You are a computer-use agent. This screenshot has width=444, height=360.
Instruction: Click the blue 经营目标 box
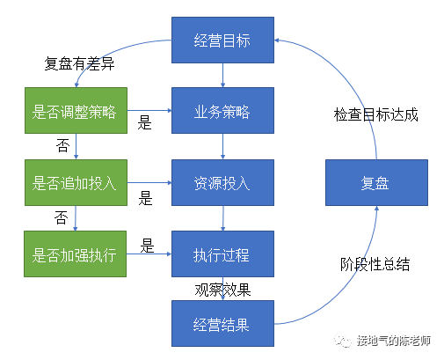coord(222,40)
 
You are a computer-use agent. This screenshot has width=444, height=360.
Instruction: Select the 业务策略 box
coord(222,113)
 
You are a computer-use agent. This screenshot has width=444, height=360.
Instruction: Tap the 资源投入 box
coord(222,184)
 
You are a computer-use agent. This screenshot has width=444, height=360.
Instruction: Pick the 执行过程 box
coord(222,255)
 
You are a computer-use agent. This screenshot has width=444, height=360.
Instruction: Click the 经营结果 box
coord(222,324)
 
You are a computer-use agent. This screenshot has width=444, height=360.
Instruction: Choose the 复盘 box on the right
coord(375,184)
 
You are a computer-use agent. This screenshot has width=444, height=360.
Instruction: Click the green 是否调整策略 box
coord(76,113)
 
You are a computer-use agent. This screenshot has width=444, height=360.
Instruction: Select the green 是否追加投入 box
coord(76,184)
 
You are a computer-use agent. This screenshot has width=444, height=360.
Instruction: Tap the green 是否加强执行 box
coord(76,255)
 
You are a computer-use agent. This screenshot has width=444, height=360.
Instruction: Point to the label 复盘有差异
coord(79,64)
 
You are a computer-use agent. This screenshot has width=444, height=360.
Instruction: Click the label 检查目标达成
coord(375,114)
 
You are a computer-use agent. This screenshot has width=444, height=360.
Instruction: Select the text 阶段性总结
coord(375,264)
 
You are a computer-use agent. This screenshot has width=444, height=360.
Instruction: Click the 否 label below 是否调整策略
coord(62,145)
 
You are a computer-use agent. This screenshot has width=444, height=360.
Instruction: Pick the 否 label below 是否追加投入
coord(61,217)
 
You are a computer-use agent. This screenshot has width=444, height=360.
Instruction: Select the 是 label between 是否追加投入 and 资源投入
coord(146,197)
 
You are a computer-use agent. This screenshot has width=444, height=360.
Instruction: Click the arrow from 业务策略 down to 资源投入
coord(222,148)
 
